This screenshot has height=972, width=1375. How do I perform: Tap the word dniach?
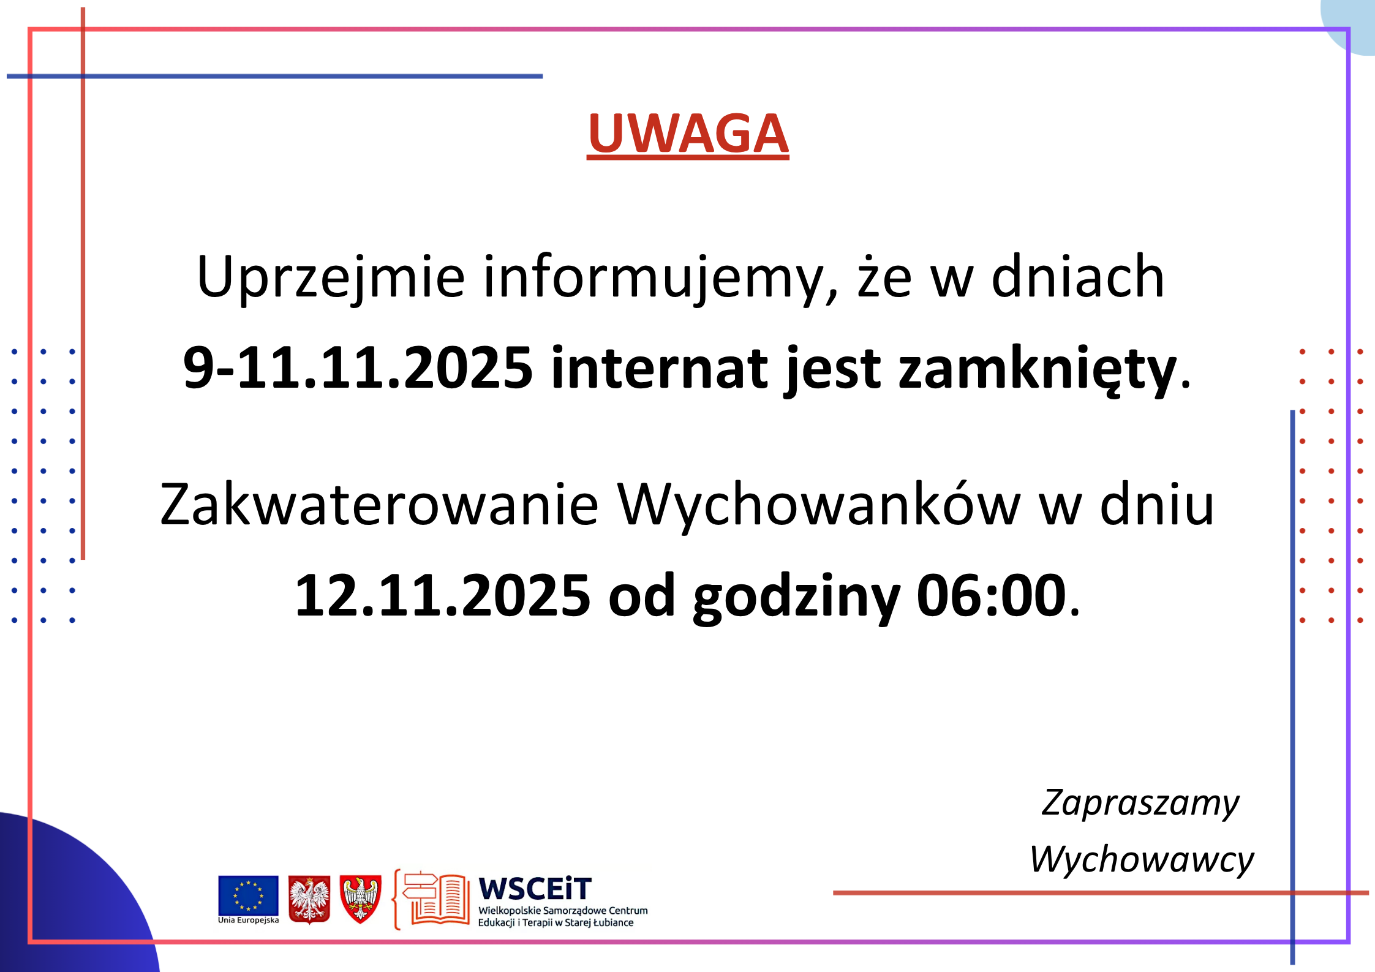[x=1078, y=277]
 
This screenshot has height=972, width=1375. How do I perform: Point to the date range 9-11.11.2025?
[x=358, y=367]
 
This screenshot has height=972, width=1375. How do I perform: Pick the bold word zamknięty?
[x=1038, y=371]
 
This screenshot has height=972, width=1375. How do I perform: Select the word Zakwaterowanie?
[x=379, y=505]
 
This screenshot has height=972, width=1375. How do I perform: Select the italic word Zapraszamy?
[x=1140, y=804]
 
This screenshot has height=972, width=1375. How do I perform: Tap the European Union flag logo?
[x=248, y=895]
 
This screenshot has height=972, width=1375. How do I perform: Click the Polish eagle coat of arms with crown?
[x=309, y=899]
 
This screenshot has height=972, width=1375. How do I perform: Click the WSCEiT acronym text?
[x=535, y=889]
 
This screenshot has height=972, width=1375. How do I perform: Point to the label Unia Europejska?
[x=249, y=920]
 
